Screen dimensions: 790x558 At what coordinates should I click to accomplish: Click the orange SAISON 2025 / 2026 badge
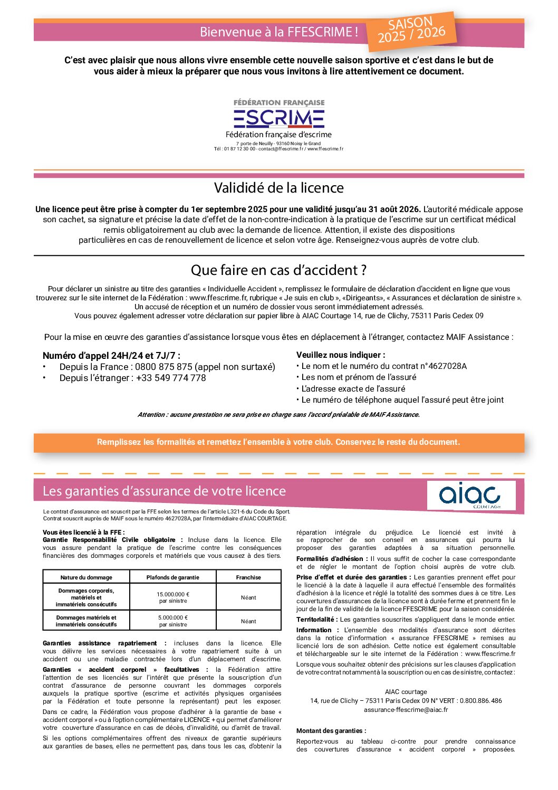(x=411, y=30)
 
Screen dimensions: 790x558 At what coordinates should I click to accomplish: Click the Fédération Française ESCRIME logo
(x=279, y=115)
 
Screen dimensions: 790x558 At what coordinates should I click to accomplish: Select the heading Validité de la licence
(x=278, y=188)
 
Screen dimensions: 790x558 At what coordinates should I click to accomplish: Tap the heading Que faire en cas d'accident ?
(x=278, y=270)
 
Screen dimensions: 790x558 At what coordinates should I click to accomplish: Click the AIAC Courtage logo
(x=471, y=495)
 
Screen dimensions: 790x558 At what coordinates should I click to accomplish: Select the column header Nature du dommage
(x=86, y=577)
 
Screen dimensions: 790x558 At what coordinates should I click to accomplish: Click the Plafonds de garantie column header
(x=173, y=577)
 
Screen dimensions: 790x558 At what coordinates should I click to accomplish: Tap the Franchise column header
(x=248, y=577)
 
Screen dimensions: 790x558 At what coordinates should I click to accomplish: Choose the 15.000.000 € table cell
(x=173, y=597)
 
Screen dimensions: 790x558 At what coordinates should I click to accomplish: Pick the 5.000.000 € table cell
(x=173, y=621)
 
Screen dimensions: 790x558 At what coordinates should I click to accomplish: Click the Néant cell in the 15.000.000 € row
(x=248, y=597)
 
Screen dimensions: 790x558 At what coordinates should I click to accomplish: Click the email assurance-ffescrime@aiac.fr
(x=406, y=710)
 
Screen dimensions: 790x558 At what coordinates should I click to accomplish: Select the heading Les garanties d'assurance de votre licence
(x=164, y=491)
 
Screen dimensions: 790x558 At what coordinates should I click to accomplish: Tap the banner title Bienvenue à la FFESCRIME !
(x=278, y=32)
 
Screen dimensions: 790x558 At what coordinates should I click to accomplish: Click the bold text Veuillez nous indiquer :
(x=341, y=355)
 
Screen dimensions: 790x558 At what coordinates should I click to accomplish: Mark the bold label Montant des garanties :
(x=331, y=731)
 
